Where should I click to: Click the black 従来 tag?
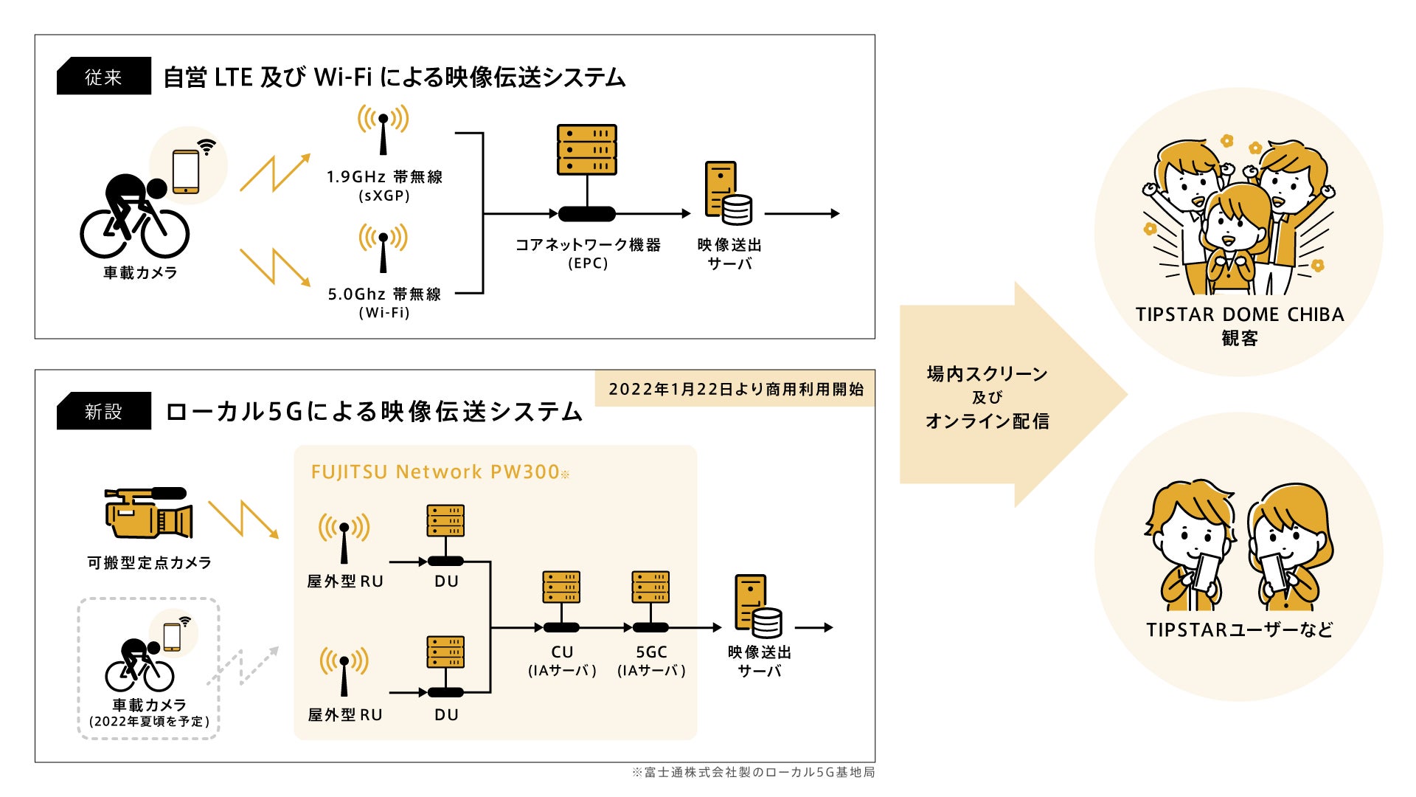coord(104,76)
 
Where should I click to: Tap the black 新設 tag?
coord(104,411)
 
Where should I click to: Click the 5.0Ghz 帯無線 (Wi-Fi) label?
coord(384,303)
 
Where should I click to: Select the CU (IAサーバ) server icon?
coord(561,588)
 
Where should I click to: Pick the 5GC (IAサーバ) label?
coord(651,660)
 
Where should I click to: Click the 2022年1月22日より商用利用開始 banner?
coord(735,389)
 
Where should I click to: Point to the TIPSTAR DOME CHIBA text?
coord(1240,315)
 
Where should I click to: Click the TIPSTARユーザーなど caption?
coord(1240,629)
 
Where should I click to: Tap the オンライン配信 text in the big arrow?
coord(987,421)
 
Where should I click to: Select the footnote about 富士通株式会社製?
coord(753,772)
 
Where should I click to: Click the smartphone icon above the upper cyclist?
coord(186,171)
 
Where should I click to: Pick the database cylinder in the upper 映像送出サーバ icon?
coord(737,209)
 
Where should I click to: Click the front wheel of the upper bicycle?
coord(164,234)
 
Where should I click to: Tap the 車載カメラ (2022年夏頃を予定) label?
coord(149,713)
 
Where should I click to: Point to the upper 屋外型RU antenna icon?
coord(344,538)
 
